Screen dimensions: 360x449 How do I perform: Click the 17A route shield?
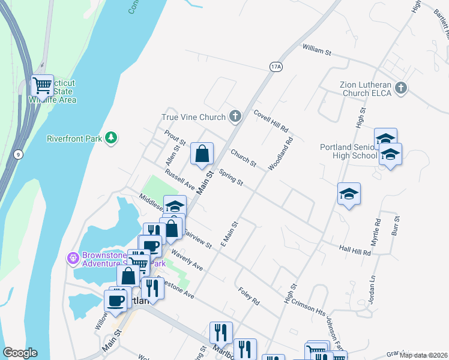[x=276, y=67]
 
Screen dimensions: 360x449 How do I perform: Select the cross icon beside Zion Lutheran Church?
[x=402, y=89]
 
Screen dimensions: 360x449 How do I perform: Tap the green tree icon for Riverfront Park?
[x=110, y=139]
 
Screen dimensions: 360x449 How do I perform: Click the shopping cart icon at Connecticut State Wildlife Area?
[x=42, y=86]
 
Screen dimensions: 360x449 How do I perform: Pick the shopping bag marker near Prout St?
[x=202, y=154]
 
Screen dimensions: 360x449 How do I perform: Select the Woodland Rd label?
[x=281, y=154]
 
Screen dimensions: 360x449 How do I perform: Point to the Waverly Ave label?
[x=187, y=259]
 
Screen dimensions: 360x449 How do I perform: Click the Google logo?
[x=20, y=353]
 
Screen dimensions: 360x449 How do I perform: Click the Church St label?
[x=244, y=160]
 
